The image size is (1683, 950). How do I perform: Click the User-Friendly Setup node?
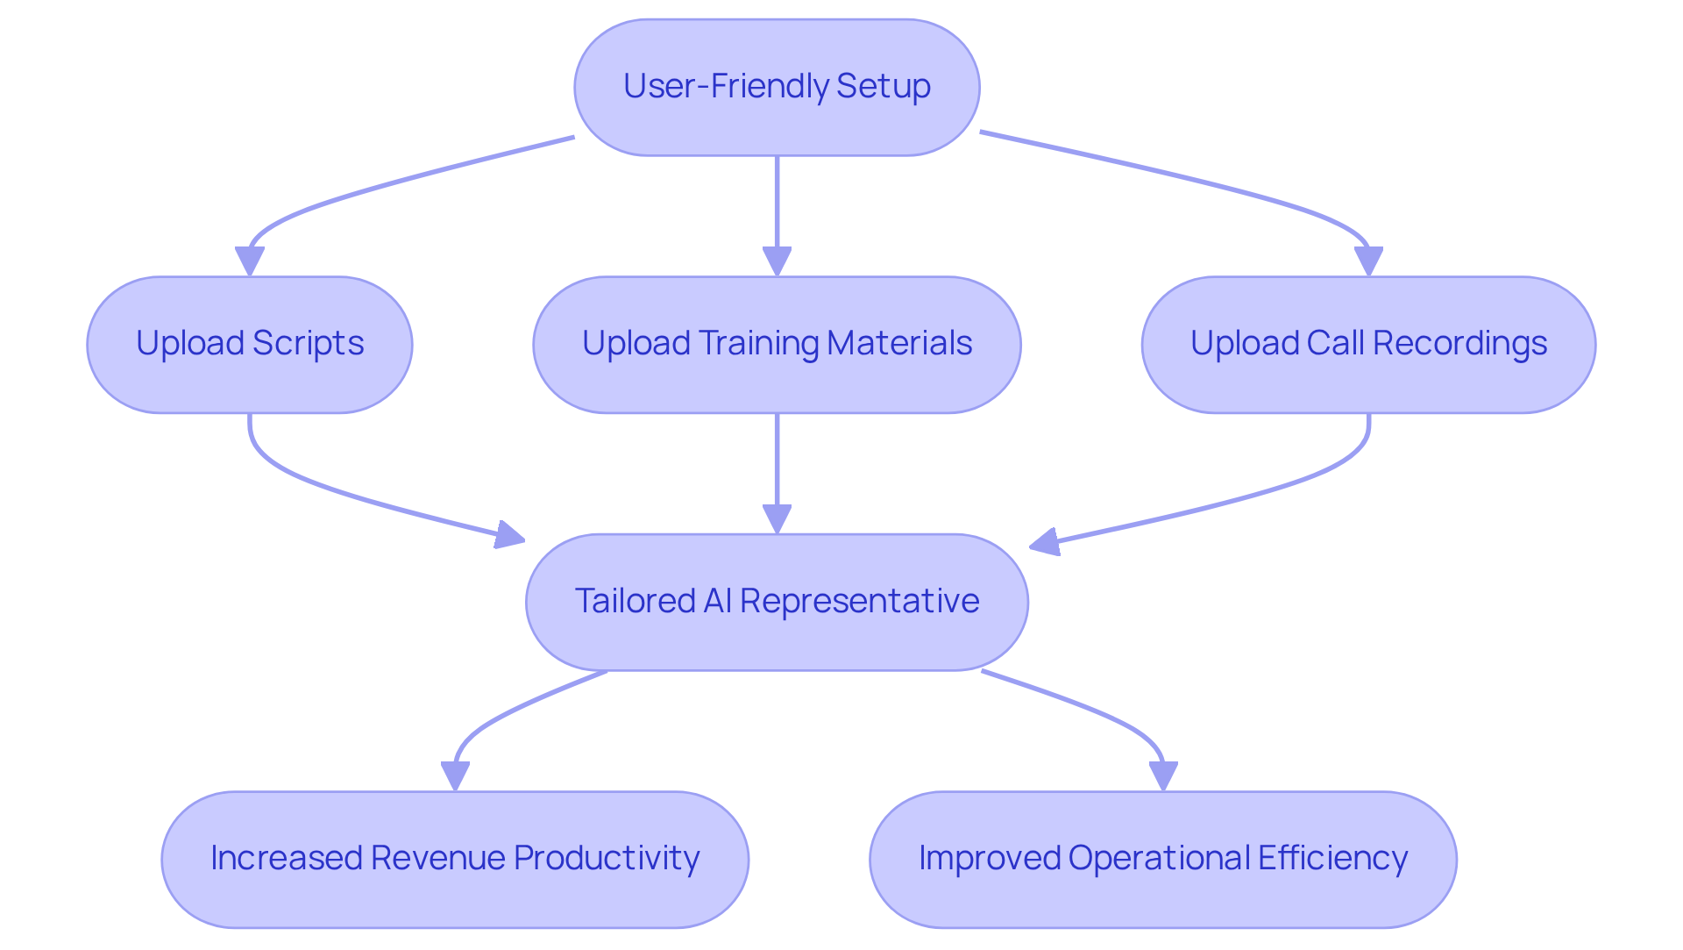pos(777,88)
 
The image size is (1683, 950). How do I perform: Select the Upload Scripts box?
pos(250,345)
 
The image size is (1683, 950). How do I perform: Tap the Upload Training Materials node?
pos(777,345)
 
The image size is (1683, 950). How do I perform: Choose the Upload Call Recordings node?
pos(1368,345)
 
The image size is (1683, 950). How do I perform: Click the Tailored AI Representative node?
pos(777,602)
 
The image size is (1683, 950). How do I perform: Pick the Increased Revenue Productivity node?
pos(455,859)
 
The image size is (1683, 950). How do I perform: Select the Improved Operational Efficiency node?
pos(1163,859)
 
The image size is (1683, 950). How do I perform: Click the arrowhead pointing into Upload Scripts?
pos(250,261)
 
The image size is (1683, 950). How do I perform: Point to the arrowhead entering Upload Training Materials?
pos(777,261)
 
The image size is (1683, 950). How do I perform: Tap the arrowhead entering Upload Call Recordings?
pos(1368,261)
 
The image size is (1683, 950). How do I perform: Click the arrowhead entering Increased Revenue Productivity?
pos(455,776)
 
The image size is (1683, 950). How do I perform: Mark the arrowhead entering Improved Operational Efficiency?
pos(1163,776)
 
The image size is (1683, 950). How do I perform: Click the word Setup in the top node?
pos(883,87)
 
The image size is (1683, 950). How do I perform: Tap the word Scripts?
pos(308,344)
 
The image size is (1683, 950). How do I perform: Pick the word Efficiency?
pos(1332,858)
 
